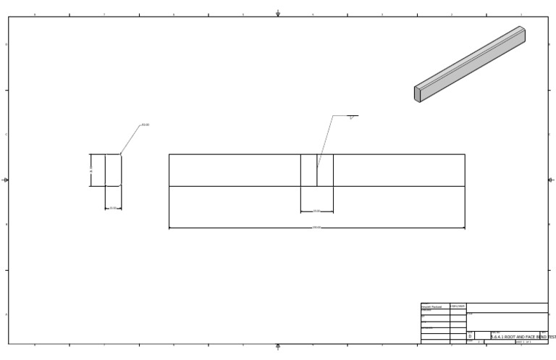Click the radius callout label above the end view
146,125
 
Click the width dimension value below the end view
113,208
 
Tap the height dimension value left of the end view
91,169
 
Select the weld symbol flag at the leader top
351,117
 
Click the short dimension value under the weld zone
316,212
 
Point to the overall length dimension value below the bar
316,227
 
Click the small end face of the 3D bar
418,94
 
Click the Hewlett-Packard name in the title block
431,307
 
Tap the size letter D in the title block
470,336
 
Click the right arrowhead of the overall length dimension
463,228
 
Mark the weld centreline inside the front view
317,169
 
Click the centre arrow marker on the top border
278,13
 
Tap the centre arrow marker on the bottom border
278,347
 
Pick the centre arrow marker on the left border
6,180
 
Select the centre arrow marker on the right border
551,180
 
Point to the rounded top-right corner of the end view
120,155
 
